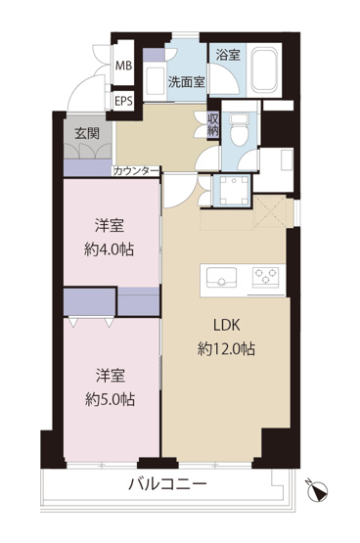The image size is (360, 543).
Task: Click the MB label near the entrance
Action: tap(124, 66)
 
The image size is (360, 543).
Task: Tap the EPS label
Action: tap(124, 101)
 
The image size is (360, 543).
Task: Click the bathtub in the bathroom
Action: tap(263, 69)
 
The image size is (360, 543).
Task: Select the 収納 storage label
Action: tap(213, 125)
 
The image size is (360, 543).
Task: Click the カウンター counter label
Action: tap(136, 171)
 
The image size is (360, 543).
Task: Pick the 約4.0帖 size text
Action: tap(108, 249)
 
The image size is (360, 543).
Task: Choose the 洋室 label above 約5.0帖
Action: tap(108, 375)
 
